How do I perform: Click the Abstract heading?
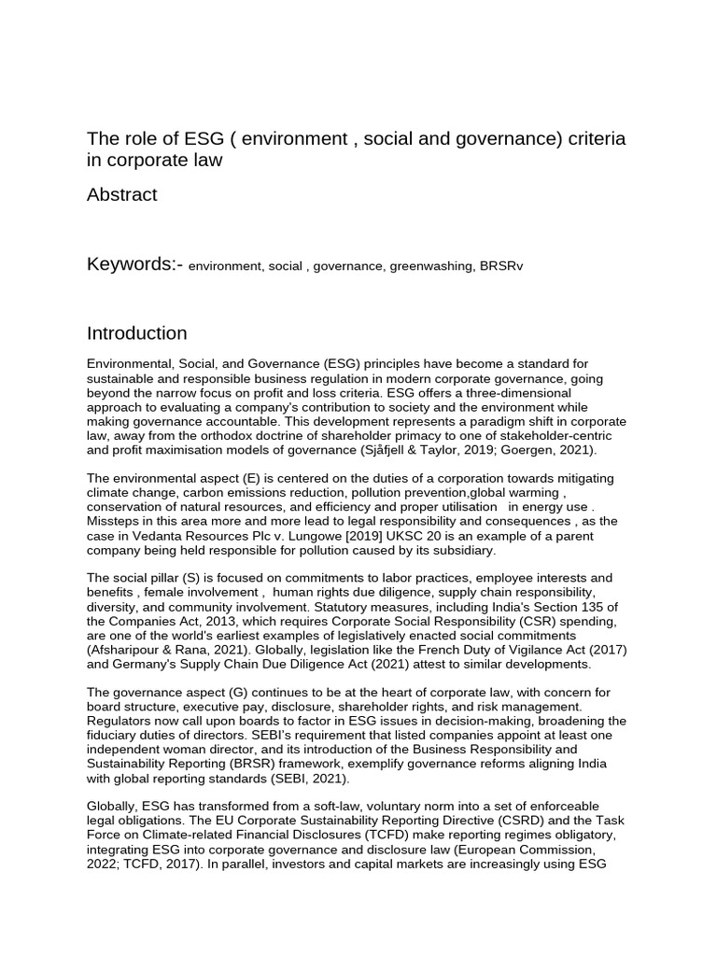pos(122,195)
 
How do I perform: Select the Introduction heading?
pos(136,333)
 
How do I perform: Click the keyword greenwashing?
pos(432,266)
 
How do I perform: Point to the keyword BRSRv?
pos(501,266)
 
